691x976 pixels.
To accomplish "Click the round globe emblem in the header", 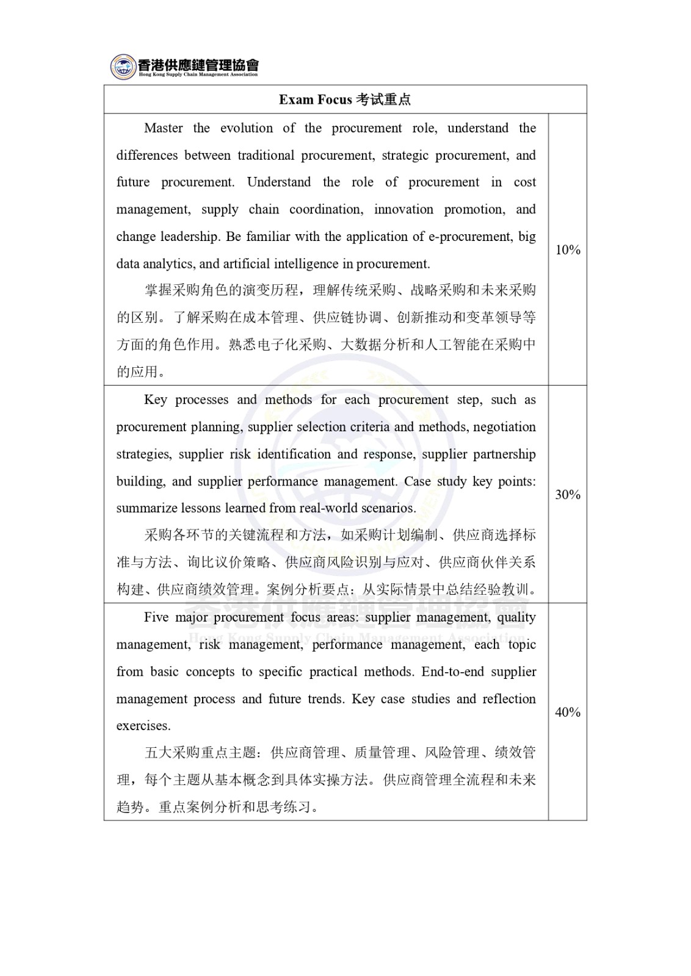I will [123, 66].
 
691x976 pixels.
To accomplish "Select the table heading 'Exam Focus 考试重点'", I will [345, 99].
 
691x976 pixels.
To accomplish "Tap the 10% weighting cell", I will [568, 249].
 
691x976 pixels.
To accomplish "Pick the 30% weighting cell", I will [568, 494].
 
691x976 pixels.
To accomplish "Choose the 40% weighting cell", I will [568, 712].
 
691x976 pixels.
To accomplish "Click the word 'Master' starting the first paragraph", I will [164, 128].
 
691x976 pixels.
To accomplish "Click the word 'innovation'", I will [404, 210].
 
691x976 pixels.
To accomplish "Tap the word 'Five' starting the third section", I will [156, 617].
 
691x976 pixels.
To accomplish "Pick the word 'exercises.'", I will [143, 726].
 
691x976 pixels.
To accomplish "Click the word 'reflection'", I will [509, 699].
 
